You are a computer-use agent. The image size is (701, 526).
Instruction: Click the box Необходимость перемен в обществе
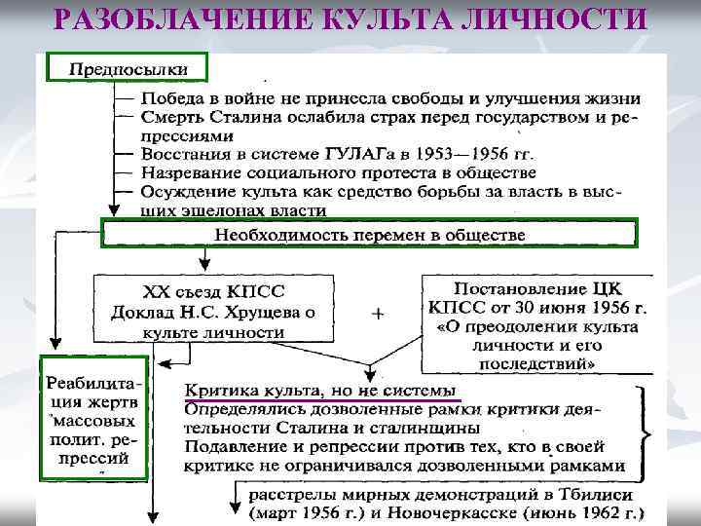[x=370, y=235]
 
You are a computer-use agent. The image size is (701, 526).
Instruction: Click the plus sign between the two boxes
[x=378, y=315]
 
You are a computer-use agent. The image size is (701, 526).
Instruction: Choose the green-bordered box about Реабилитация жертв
[x=94, y=419]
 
